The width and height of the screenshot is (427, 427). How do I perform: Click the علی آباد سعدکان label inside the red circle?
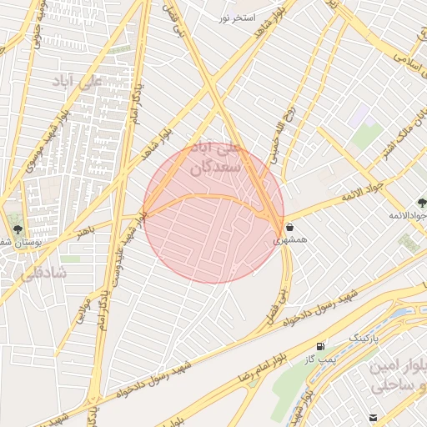pos(218,158)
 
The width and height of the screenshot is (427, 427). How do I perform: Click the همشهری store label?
pos(290,239)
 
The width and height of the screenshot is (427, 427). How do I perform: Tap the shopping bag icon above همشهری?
pos(289,226)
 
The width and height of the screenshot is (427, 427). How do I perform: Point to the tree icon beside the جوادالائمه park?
pos(421,203)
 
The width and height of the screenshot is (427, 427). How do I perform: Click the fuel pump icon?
pos(320,345)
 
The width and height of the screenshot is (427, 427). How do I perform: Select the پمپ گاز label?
pos(318,359)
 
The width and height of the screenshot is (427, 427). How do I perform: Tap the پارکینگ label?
pos(363,338)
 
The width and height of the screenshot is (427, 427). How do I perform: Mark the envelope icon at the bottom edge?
pos(373,417)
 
